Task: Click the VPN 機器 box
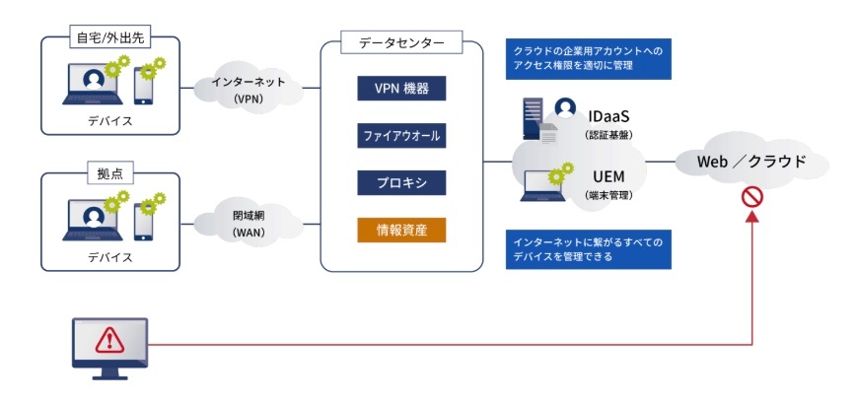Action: click(x=401, y=89)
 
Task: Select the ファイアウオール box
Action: click(x=401, y=135)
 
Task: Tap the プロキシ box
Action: click(x=401, y=183)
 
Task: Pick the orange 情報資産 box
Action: click(x=401, y=230)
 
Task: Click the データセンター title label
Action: click(x=401, y=43)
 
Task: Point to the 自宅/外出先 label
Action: click(x=110, y=38)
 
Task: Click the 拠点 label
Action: click(x=109, y=174)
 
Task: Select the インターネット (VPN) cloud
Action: click(x=249, y=90)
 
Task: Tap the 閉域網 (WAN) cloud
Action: click(x=249, y=224)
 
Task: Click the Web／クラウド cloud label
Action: click(x=751, y=162)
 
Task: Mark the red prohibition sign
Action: click(x=752, y=197)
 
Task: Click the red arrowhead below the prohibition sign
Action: click(x=752, y=216)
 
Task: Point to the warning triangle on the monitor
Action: click(x=109, y=341)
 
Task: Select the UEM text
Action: click(x=608, y=176)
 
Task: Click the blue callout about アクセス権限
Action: click(x=588, y=59)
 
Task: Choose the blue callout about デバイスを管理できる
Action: click(x=588, y=249)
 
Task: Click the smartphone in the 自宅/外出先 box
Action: click(x=143, y=85)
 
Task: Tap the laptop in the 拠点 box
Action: click(x=93, y=220)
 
